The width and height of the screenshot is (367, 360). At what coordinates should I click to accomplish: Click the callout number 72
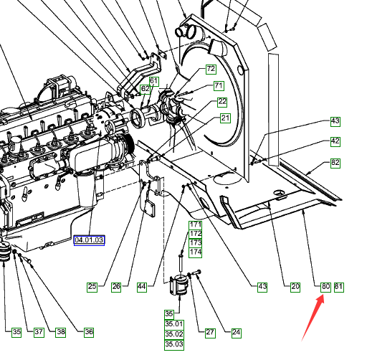click(x=211, y=69)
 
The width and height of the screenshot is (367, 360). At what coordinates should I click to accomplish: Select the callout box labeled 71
click(x=219, y=86)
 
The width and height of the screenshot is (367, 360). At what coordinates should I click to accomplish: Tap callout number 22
click(x=222, y=102)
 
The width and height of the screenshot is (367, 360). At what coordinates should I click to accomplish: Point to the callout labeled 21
click(x=225, y=118)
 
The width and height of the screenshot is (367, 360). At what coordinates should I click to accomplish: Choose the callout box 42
click(x=335, y=141)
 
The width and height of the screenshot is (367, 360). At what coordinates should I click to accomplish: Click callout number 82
click(x=335, y=163)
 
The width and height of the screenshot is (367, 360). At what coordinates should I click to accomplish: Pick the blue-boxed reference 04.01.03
click(x=89, y=240)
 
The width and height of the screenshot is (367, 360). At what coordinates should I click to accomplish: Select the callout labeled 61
click(x=154, y=82)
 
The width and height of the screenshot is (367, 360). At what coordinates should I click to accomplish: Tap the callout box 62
click(x=146, y=89)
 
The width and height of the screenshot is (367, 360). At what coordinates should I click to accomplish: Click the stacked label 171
click(x=196, y=225)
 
